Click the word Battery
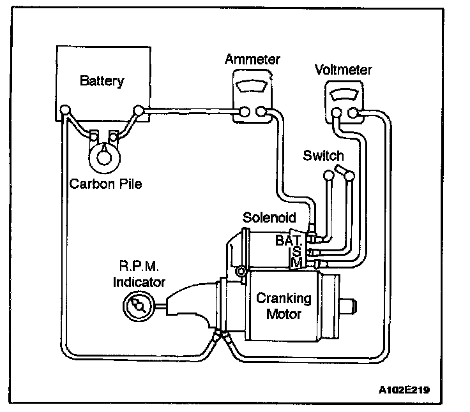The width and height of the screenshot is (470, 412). point(102,81)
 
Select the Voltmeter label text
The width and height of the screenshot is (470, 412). point(343,70)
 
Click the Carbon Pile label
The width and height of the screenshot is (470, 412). point(105,184)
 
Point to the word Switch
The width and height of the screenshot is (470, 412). point(323,156)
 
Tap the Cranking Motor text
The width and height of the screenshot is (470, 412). point(283,305)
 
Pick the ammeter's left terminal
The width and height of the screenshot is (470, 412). point(242,113)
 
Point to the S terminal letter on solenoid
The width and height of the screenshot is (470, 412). point(296,252)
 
